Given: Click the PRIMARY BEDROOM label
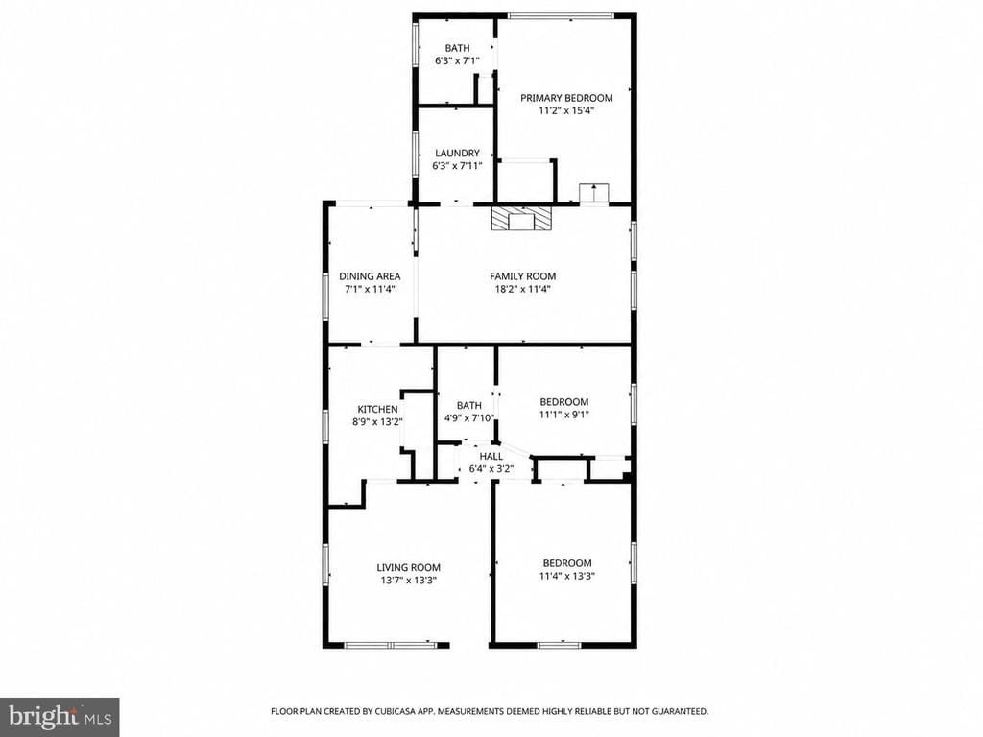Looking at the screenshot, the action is click(x=566, y=98).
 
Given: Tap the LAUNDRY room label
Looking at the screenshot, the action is click(x=457, y=153).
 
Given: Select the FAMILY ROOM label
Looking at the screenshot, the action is click(x=523, y=275).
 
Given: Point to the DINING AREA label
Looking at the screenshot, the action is click(x=370, y=275).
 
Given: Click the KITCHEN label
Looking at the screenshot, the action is click(x=377, y=409).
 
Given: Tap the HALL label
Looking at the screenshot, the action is click(x=491, y=456).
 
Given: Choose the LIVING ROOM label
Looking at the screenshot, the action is click(x=408, y=568).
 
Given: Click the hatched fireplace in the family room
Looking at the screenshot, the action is click(x=522, y=220).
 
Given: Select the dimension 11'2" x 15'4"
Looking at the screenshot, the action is click(x=566, y=111).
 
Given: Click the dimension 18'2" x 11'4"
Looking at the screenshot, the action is click(x=523, y=289).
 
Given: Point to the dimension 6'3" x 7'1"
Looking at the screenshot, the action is click(x=457, y=60).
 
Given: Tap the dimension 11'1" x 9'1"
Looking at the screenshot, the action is click(x=564, y=415).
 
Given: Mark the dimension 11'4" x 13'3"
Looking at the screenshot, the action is click(x=566, y=576).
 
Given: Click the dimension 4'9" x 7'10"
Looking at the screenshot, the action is click(x=469, y=418).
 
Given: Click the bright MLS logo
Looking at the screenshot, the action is click(x=60, y=716).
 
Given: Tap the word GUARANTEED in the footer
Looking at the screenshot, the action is click(x=680, y=711).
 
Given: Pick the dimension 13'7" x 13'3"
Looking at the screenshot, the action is click(x=408, y=581).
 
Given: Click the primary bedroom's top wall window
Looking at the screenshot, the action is click(x=560, y=15).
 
